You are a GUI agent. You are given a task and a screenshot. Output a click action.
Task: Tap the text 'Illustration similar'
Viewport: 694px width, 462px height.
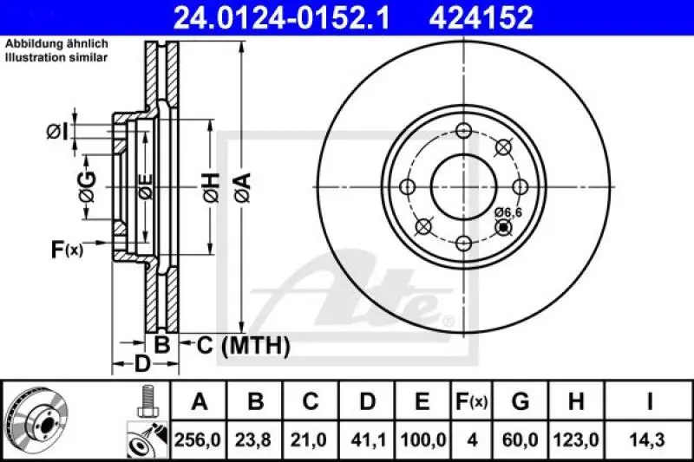point(56,57)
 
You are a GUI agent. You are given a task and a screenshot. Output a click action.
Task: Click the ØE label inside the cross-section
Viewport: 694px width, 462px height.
point(146,185)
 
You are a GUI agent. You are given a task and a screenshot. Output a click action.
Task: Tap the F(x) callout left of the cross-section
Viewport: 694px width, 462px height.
point(66,251)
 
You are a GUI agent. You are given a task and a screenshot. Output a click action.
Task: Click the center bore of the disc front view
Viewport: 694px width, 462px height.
point(463,186)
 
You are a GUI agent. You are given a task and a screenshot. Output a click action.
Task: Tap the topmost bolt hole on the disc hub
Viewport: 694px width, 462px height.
point(463,131)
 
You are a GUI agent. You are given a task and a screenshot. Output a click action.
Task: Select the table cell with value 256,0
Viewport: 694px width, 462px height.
point(200,439)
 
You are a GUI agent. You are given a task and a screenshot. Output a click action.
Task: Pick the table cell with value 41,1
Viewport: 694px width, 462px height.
point(367,439)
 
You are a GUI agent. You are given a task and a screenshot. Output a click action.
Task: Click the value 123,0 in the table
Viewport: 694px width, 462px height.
point(575,439)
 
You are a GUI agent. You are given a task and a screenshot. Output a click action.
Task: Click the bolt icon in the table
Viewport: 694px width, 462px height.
point(147,400)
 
